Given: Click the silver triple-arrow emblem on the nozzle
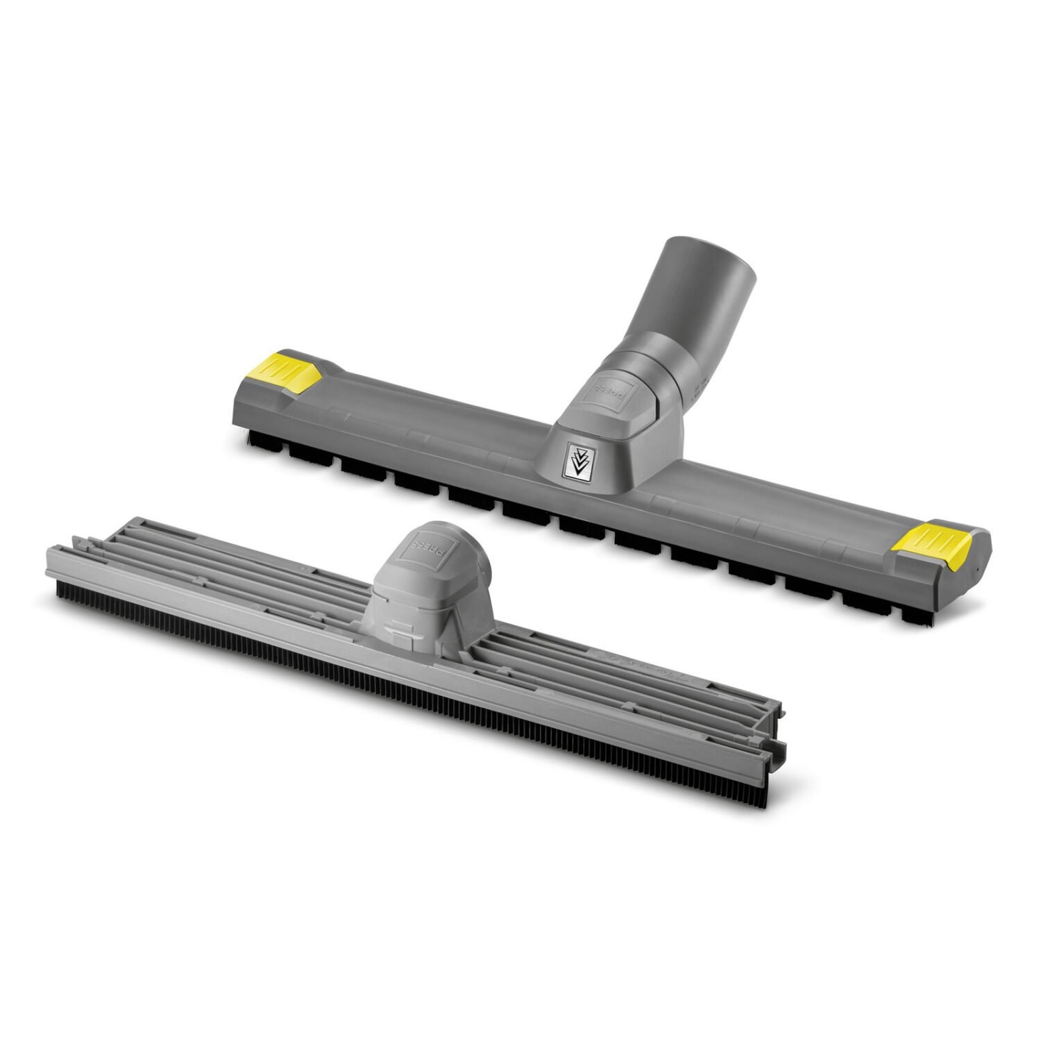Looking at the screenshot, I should tap(577, 461).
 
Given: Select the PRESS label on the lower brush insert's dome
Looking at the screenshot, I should tap(423, 546).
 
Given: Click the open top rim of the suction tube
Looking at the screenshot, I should tap(709, 257).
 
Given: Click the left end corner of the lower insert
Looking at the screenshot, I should tap(52, 566).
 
